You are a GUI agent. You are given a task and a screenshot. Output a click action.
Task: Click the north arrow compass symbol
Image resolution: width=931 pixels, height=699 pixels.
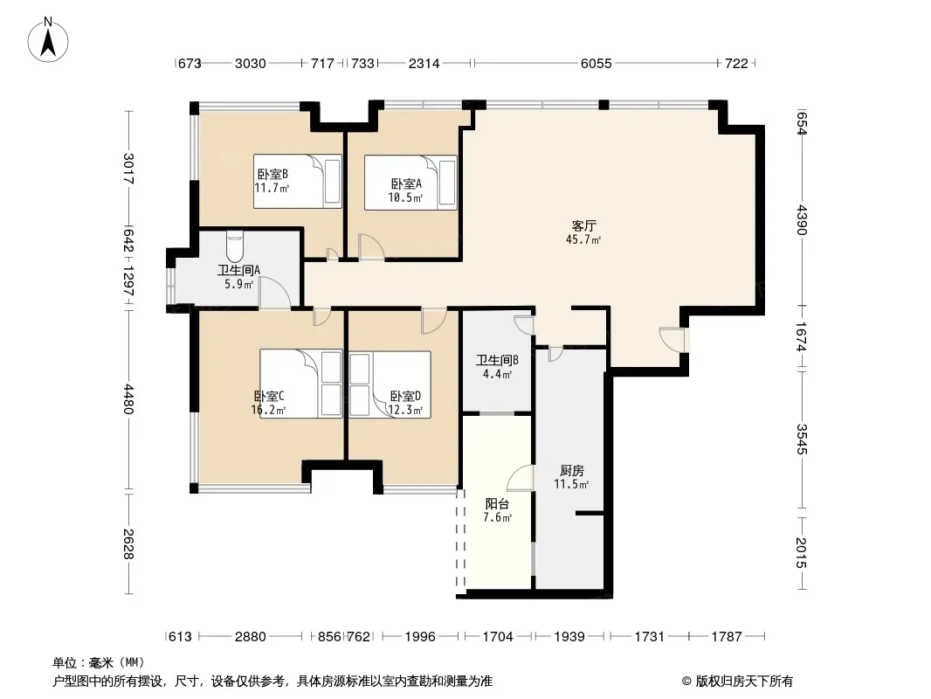[x=48, y=40]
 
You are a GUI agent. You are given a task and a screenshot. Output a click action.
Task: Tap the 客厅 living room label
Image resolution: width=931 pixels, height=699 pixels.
[x=583, y=225]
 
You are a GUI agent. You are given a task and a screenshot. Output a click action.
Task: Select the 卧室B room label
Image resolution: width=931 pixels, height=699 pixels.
[x=272, y=174]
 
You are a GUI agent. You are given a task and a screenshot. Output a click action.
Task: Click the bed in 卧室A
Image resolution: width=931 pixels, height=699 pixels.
[x=410, y=183]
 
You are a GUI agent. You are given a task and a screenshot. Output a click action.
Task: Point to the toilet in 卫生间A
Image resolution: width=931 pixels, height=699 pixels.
[x=235, y=246]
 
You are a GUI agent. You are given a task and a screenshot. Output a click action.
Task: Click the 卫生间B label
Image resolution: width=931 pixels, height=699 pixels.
[x=498, y=360]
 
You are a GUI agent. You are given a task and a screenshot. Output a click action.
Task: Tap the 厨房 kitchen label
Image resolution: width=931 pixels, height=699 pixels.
[x=572, y=470]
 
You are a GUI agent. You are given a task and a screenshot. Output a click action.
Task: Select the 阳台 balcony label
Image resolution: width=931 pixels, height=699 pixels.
[x=497, y=503]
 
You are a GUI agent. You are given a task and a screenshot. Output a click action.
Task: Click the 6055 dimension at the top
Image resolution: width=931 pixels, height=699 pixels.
[x=597, y=63]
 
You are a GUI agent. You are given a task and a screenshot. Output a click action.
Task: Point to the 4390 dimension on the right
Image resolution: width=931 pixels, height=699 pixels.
[x=802, y=219]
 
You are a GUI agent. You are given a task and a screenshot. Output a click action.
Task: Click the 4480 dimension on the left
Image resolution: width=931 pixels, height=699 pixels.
[x=129, y=399]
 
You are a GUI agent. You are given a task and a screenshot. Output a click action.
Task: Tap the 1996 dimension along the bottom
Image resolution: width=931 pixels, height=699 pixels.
[x=420, y=637]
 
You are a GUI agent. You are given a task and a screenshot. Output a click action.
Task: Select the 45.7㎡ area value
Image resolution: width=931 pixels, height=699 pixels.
[x=583, y=240]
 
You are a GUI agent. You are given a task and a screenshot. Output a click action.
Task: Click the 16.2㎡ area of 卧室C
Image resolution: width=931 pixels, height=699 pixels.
[x=268, y=410]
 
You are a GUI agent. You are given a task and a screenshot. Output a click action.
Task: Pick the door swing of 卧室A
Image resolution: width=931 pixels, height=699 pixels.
[x=371, y=247]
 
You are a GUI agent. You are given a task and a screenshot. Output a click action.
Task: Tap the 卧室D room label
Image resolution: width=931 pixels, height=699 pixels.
[x=405, y=396]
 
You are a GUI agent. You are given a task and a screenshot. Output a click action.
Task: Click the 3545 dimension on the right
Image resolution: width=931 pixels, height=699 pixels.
[x=802, y=439]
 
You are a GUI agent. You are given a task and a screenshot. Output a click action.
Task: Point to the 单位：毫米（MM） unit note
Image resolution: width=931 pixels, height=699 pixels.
[x=99, y=663]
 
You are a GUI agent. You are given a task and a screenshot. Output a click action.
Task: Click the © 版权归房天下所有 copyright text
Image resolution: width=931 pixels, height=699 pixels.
[x=737, y=682]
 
